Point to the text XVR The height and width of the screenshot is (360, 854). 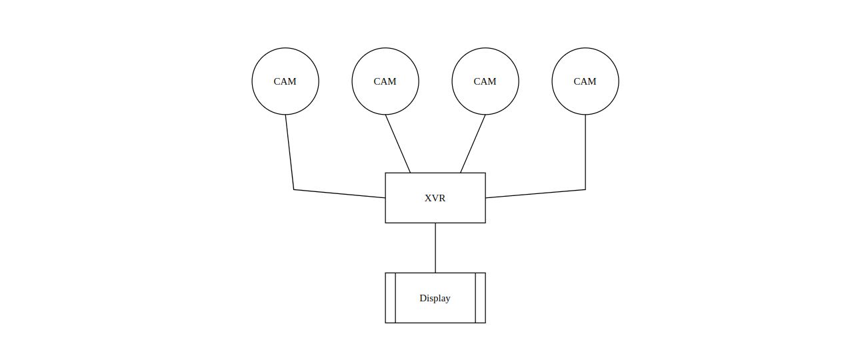[435, 198]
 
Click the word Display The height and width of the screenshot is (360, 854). [435, 298]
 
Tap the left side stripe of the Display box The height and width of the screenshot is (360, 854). [391, 298]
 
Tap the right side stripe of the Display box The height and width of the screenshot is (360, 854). [481, 298]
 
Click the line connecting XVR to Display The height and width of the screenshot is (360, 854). [435, 248]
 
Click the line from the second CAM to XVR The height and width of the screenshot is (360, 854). [397, 144]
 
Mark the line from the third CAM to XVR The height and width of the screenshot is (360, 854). [473, 144]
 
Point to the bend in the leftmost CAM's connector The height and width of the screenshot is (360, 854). [293, 189]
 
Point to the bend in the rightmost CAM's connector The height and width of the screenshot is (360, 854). [585, 189]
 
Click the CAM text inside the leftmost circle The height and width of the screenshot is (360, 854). [285, 81]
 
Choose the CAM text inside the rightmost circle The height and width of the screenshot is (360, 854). [585, 81]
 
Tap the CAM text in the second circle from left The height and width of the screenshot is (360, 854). [385, 81]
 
